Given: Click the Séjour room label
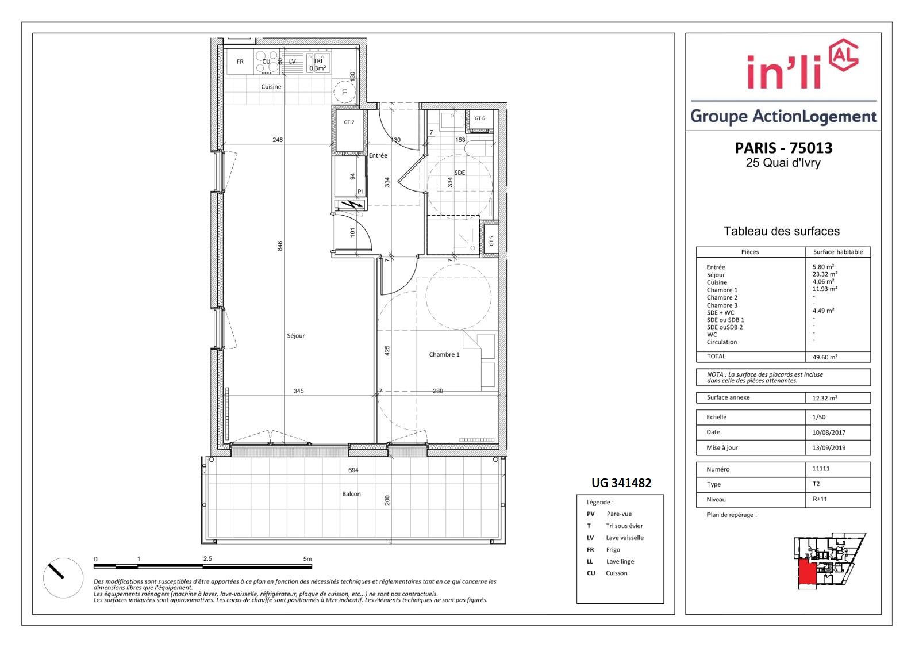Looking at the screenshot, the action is pos(296,335).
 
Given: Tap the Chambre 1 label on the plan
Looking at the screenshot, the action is pos(444,354).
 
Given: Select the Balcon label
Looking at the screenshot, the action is pos(351,493).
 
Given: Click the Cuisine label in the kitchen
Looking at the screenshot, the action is pos(271,87).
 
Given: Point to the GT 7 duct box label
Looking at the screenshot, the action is pos(349,122).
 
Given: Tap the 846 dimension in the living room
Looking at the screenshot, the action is pos(280,246).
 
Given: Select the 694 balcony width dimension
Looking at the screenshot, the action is pos(353,470).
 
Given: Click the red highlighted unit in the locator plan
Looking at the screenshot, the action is pos(807,573).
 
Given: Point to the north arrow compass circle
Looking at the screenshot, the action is pos(63,578).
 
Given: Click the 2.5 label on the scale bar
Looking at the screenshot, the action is pos(207,558).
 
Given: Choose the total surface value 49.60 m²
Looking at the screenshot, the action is pos(825,357).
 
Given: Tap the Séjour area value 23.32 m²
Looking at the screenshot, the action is pos(825,274).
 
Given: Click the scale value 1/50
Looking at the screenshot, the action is pos(818,417).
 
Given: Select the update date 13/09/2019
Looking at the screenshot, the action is pos(829,447).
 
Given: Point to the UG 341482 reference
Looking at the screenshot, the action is pos(621,483).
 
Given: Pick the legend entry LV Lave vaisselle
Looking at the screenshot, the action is pos(615,538).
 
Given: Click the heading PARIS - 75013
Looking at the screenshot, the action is pos(783,148).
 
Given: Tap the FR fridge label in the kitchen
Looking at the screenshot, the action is pos(240,62).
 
